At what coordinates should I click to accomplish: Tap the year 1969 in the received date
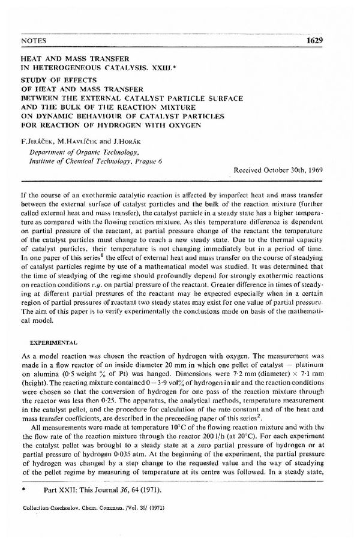click(312, 170)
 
